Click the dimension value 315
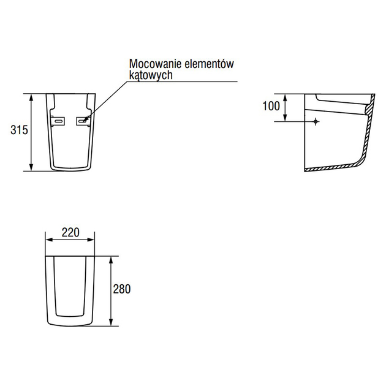click(19, 130)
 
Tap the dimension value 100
click(271, 106)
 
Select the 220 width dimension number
click(70, 232)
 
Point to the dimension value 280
click(122, 289)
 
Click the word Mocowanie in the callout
click(155, 64)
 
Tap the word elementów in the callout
click(209, 64)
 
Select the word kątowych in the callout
click(151, 75)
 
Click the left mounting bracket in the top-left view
click(58, 121)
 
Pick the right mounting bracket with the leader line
click(83, 121)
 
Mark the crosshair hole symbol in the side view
click(316, 121)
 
